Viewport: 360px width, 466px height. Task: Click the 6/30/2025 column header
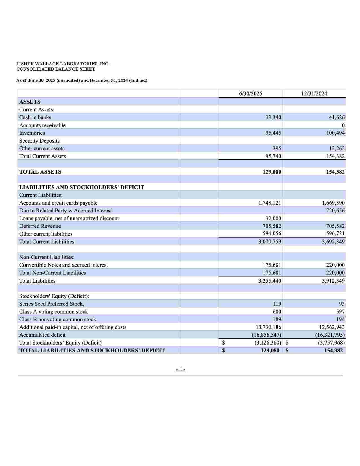[x=250, y=94]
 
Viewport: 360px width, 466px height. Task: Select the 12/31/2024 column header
[x=314, y=94]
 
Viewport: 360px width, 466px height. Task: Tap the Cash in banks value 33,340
[x=273, y=117]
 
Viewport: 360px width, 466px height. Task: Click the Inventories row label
[x=32, y=133]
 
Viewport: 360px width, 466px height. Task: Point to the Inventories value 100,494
[x=335, y=133]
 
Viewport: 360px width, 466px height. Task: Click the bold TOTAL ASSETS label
[x=40, y=172]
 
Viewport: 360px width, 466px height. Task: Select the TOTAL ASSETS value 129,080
[x=272, y=172]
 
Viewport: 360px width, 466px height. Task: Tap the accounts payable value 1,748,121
[x=270, y=203]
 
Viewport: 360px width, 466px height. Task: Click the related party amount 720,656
[x=335, y=210]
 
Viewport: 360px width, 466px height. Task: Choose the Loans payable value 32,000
[x=273, y=218]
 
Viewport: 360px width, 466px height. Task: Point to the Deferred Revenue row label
[x=40, y=226]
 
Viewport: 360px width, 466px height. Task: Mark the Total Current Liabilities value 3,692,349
[x=333, y=241]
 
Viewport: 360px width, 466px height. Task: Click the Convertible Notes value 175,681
[x=272, y=265]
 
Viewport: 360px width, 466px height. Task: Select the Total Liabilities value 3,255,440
[x=270, y=281]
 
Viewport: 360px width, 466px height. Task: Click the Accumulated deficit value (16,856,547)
[x=266, y=335]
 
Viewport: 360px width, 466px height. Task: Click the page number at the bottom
[x=180, y=369]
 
